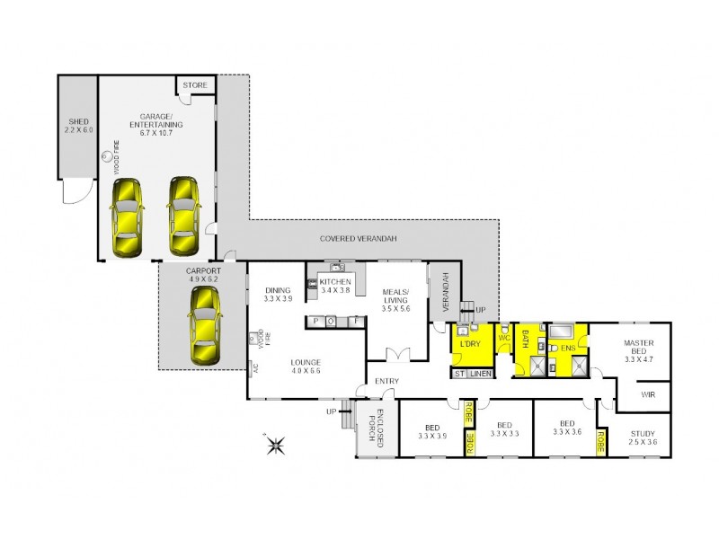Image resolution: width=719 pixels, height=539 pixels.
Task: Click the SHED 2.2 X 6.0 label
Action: click(75, 126)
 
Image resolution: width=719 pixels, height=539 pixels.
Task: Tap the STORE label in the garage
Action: click(195, 85)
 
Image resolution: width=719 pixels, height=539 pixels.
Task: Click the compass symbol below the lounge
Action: click(276, 442)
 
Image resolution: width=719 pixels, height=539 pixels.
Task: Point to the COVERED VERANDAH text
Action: click(359, 238)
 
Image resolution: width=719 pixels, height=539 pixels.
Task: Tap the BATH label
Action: click(525, 340)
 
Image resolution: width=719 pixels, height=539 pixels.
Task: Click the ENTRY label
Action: click(387, 382)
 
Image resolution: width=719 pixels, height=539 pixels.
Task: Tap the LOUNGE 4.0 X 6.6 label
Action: click(306, 366)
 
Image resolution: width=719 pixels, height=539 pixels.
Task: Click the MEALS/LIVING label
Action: click(395, 300)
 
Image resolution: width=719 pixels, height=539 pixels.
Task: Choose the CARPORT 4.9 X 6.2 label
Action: click(203, 274)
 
